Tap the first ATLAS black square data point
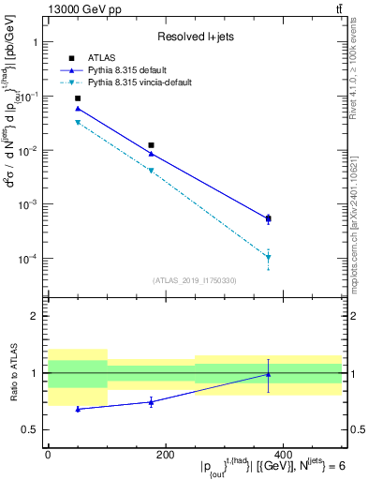point(78,98)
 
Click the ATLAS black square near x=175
point(151,145)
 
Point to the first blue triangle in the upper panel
point(78,109)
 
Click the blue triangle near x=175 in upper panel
point(151,154)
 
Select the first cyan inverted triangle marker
point(78,123)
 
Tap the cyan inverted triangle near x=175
point(151,171)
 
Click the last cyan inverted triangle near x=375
point(268,257)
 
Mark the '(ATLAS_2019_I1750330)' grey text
point(195,280)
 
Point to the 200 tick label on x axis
point(165,454)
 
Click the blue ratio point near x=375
point(268,375)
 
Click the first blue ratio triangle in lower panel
point(78,409)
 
